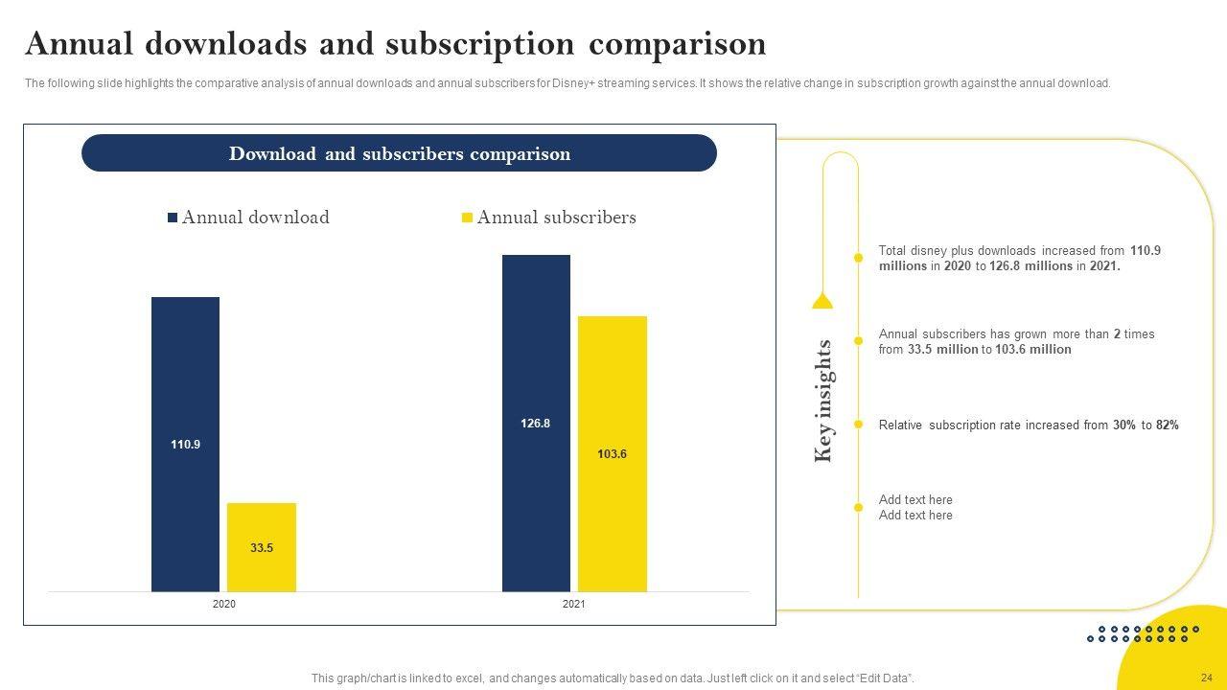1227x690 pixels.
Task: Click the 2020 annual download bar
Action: (x=185, y=383)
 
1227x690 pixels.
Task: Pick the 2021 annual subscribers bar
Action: (x=612, y=402)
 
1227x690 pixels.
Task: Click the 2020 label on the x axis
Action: (x=223, y=605)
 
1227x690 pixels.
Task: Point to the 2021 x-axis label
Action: (x=573, y=605)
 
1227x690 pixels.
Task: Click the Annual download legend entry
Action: (x=248, y=218)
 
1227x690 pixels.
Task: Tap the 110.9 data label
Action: (x=185, y=445)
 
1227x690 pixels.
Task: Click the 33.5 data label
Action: (x=262, y=548)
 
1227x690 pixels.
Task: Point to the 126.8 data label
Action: (x=536, y=424)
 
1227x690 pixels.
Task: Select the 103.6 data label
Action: (x=612, y=454)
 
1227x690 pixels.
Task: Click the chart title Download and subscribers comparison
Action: (x=399, y=153)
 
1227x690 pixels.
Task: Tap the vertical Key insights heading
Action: (x=823, y=401)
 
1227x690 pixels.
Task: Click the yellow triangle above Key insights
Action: (x=822, y=301)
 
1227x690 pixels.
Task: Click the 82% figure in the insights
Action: (x=1167, y=425)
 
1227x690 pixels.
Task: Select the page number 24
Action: (x=1206, y=678)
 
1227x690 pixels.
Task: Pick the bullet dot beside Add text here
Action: (x=858, y=507)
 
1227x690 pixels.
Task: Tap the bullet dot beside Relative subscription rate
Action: (x=858, y=425)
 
